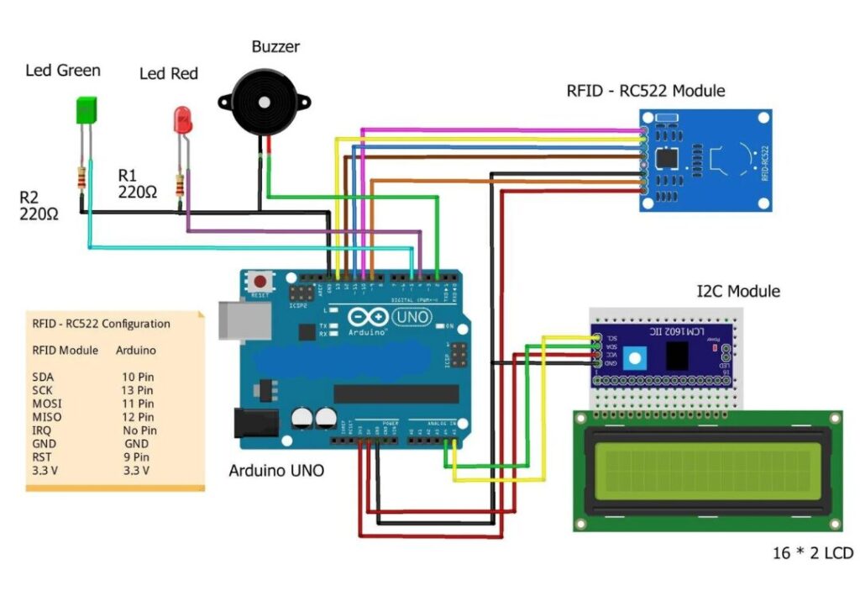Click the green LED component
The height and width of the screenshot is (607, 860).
tap(85, 112)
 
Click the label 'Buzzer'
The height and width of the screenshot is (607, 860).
tap(275, 46)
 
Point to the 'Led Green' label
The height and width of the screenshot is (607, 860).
tap(63, 71)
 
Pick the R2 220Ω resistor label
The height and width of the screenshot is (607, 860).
tap(39, 205)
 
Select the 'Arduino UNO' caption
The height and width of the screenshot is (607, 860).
tap(276, 471)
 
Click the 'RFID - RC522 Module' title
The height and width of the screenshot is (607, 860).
tap(646, 91)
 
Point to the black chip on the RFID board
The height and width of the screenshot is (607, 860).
tap(668, 157)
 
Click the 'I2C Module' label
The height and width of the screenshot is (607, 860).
tap(738, 292)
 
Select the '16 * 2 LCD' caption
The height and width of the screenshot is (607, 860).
tap(812, 553)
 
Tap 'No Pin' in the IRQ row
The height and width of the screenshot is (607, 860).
tap(138, 430)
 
